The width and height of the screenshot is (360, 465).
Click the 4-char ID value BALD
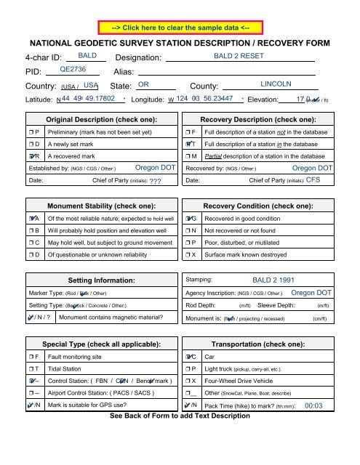pyautogui.click(x=87, y=55)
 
